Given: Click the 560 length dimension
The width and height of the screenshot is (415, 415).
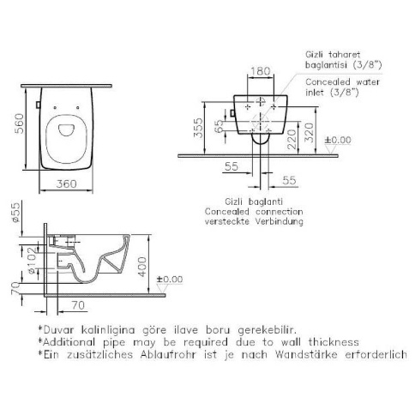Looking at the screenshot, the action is tap(20, 123).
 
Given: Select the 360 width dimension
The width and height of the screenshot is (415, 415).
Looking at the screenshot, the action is tap(66, 183).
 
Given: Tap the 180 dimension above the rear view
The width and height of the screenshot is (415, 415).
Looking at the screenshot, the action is tap(260, 70).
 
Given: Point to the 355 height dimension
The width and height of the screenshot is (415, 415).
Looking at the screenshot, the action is tap(198, 128).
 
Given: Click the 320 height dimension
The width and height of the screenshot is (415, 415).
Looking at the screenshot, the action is tap(309, 133).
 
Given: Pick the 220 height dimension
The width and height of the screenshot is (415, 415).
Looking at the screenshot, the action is tap(292, 139).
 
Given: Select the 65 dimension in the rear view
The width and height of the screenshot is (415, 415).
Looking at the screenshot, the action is tap(219, 126).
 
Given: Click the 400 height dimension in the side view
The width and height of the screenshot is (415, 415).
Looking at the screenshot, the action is tap(142, 267).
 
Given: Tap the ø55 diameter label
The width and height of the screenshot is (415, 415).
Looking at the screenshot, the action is tap(15, 212).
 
